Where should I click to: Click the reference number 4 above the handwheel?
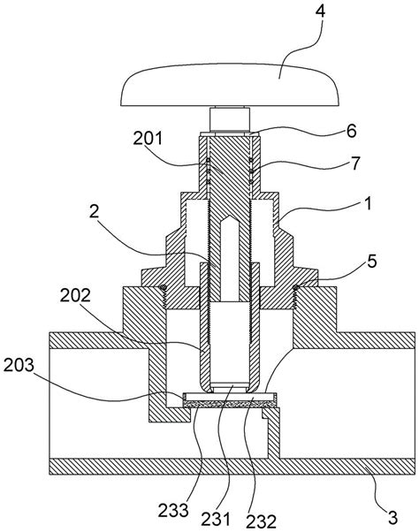click(x=320, y=12)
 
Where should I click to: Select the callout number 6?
click(x=352, y=131)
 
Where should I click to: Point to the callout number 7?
click(x=354, y=163)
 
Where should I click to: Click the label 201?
click(x=148, y=139)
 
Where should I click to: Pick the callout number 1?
click(x=368, y=204)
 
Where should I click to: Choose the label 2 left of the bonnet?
click(x=94, y=212)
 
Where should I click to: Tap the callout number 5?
click(x=372, y=262)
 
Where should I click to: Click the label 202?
click(x=75, y=295)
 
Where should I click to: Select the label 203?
click(x=19, y=365)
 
